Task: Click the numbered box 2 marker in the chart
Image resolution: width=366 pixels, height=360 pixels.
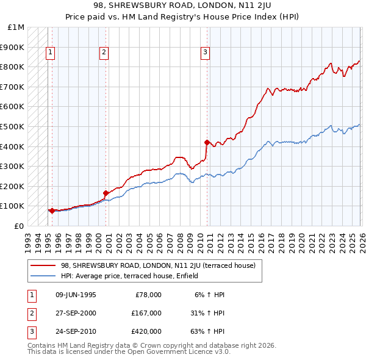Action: point(104,53)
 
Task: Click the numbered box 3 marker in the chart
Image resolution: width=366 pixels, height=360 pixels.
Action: point(206,53)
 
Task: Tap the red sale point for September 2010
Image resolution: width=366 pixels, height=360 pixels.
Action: point(207,143)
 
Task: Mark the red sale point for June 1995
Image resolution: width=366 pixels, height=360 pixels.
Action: point(52,211)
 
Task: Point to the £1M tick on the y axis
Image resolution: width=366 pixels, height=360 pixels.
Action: point(16,27)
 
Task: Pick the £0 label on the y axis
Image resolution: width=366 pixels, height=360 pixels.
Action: point(19,226)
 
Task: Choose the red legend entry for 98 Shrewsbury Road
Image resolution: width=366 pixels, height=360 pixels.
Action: point(162,265)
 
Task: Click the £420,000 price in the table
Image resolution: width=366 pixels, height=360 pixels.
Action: point(146,331)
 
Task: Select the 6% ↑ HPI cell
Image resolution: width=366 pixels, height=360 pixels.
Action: point(209,295)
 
